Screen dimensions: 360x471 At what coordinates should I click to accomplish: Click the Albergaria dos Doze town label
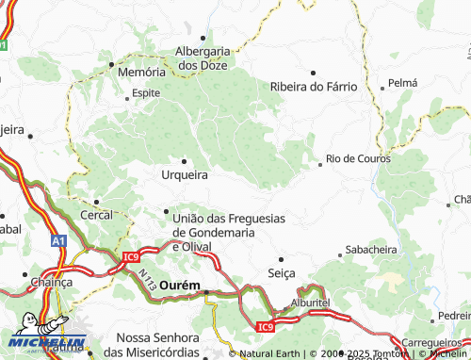point(203,57)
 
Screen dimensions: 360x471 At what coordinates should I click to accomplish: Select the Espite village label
point(146,94)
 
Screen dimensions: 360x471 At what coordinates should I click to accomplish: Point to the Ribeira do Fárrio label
point(314,86)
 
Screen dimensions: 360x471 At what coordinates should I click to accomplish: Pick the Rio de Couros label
point(358,158)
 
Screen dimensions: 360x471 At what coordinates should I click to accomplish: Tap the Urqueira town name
point(185,174)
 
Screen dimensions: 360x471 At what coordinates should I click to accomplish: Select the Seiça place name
point(281,272)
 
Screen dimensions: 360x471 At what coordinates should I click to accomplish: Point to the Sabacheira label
point(371,251)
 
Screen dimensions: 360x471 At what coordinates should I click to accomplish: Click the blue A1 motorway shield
point(59,241)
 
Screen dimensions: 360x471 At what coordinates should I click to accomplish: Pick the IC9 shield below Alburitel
point(268,327)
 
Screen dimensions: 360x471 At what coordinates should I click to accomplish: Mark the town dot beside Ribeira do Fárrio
point(314,72)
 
